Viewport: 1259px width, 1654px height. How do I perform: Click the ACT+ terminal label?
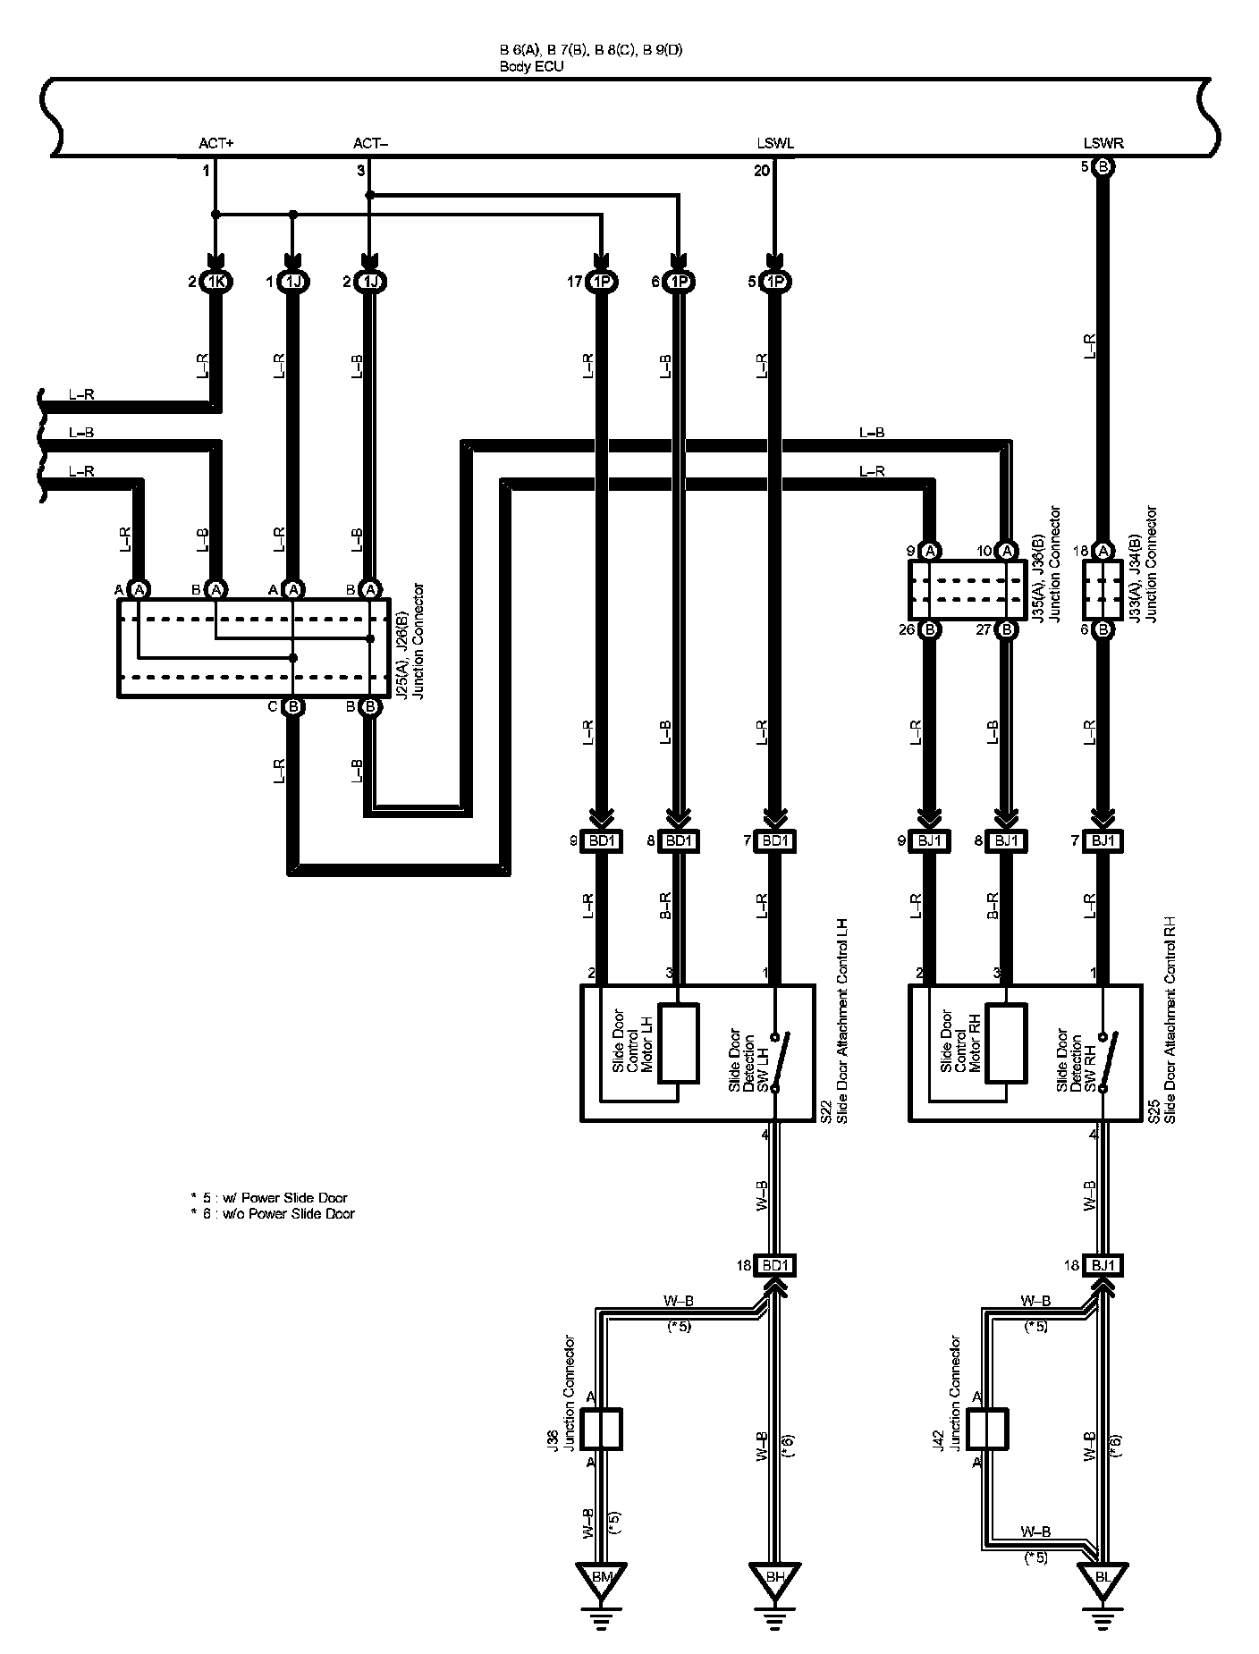(216, 143)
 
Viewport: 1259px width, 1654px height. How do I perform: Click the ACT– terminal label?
(371, 143)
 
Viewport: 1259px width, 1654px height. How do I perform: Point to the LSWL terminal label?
(775, 143)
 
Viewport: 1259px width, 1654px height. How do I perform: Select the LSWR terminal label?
(1103, 143)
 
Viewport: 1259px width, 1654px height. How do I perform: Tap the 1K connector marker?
(215, 283)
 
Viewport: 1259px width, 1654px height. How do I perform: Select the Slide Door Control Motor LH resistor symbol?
(678, 1044)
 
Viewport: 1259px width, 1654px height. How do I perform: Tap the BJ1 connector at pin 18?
(1103, 1265)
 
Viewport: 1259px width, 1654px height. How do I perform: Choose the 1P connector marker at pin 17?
(602, 283)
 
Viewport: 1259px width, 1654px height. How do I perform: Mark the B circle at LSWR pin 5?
(1103, 167)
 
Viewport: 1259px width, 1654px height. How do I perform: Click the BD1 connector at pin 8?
(678, 841)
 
